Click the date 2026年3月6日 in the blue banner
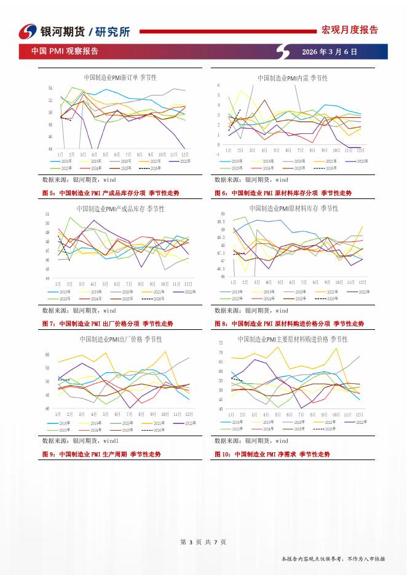click(x=330, y=52)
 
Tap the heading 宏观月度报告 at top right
click(x=350, y=30)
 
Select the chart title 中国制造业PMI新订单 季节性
click(x=120, y=78)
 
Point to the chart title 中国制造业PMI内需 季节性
click(x=292, y=78)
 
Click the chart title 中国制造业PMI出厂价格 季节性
click(x=121, y=339)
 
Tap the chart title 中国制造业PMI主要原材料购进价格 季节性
click(x=293, y=339)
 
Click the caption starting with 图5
click(x=111, y=193)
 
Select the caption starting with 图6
click(x=283, y=193)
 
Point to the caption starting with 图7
click(x=108, y=323)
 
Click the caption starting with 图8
click(x=289, y=323)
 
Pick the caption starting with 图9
click(x=101, y=454)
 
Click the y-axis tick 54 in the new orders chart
click(x=50, y=88)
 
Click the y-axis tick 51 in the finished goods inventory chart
click(x=47, y=214)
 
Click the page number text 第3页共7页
click(x=203, y=542)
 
